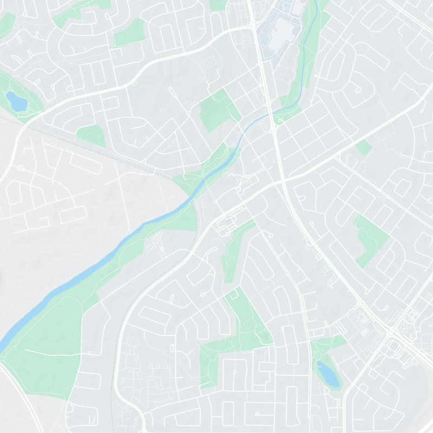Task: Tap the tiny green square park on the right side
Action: pos(364,146)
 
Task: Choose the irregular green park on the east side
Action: pos(371,238)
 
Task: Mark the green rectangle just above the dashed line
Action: pos(91,135)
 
